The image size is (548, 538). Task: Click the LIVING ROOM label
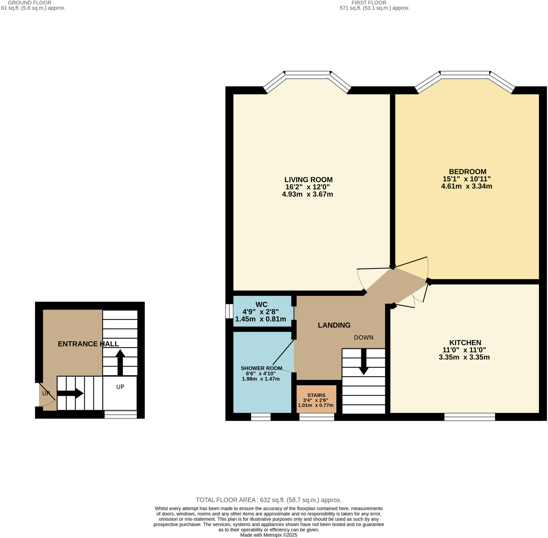tap(308, 180)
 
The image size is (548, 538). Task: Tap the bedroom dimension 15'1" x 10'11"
tap(467, 179)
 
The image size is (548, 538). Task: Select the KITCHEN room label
tap(465, 343)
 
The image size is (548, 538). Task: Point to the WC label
tap(261, 304)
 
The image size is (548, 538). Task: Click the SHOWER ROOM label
tap(261, 368)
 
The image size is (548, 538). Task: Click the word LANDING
tap(334, 325)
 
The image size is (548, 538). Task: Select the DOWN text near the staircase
tap(363, 337)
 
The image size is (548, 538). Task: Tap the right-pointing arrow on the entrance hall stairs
tap(70, 393)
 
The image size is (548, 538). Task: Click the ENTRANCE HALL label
tap(88, 344)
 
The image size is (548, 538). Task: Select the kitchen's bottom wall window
tap(469, 417)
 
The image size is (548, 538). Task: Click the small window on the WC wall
tap(229, 311)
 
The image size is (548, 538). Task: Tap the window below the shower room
tap(261, 417)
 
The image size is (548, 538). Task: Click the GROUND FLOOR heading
tap(29, 3)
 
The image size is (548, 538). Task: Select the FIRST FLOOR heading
tap(369, 3)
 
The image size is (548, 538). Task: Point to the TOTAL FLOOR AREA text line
tap(268, 500)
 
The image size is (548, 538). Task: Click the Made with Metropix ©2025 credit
tap(268, 535)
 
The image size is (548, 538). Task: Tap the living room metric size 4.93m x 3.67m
tap(307, 194)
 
